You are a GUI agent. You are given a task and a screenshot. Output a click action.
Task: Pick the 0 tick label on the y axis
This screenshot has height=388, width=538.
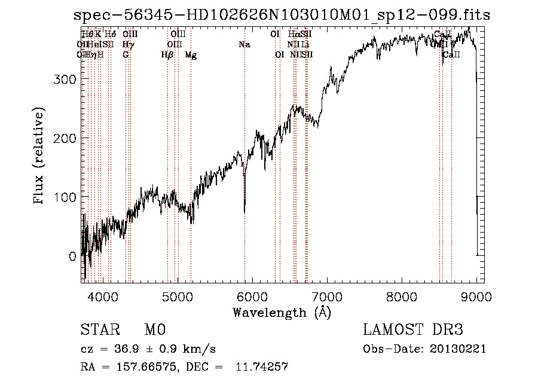coord(73,256)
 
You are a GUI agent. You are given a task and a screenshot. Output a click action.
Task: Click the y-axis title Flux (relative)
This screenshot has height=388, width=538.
coord(40,157)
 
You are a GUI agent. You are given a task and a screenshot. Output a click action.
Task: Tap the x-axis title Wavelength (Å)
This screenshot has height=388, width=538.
coord(282,312)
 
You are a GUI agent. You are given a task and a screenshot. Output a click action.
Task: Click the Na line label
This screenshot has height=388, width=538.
coord(244,44)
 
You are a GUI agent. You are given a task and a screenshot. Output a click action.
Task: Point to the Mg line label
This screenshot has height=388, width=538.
coord(191,54)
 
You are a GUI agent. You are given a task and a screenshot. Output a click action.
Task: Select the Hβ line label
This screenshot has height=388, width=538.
coord(167,54)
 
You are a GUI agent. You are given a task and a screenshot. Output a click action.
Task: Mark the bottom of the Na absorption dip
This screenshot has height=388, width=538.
coord(244,211)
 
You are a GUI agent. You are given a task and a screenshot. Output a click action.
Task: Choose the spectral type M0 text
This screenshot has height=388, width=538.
coord(155,330)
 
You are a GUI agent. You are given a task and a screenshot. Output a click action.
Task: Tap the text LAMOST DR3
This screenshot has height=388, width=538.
coord(413,330)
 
